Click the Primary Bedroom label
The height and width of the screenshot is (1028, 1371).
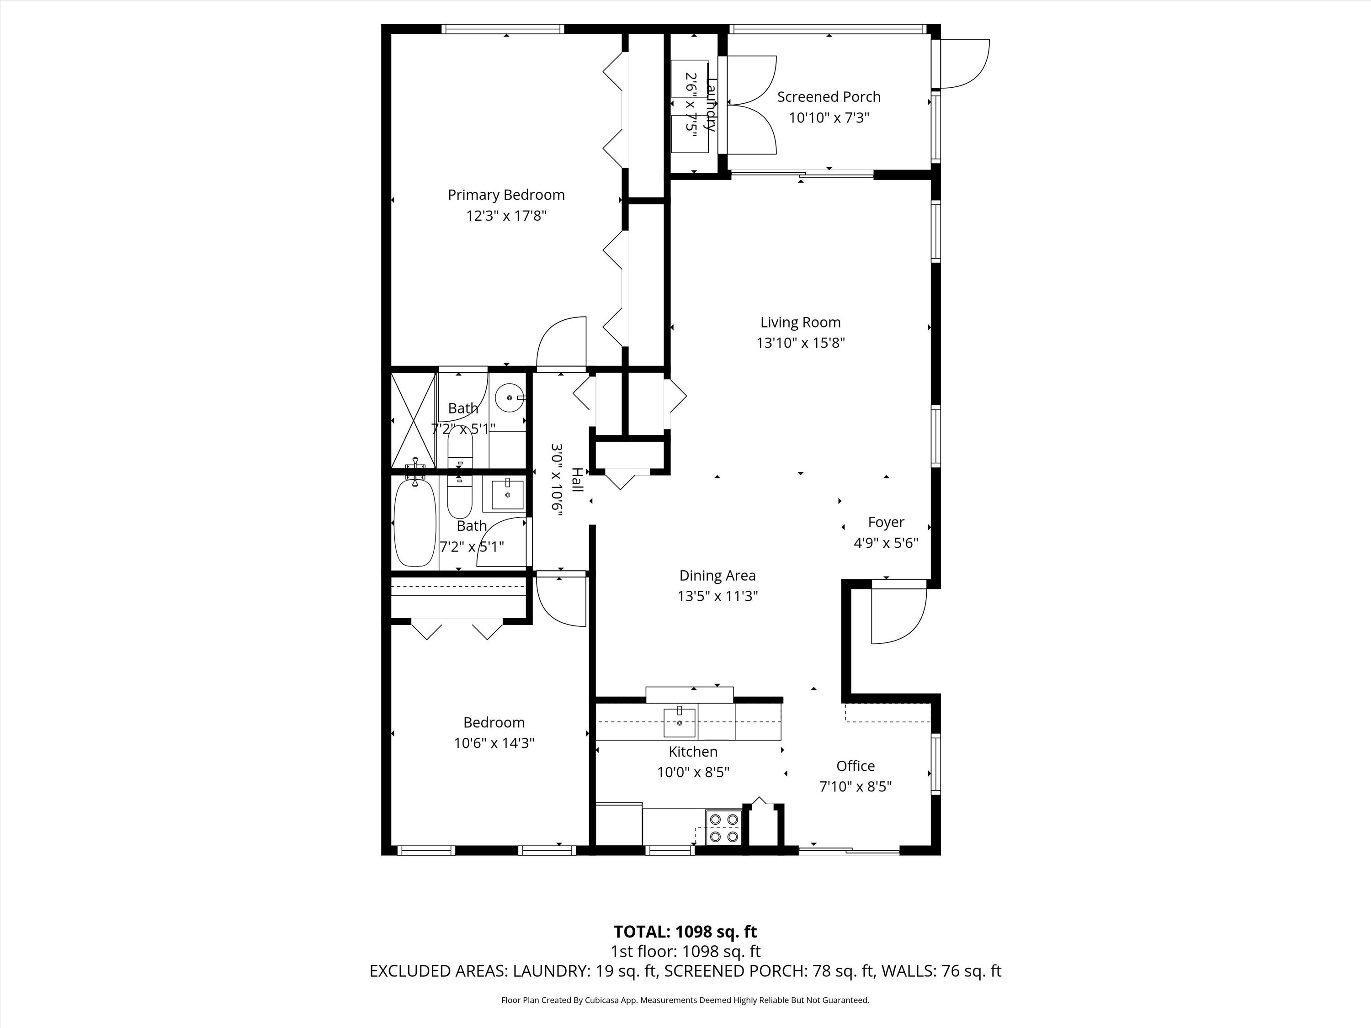click(x=506, y=195)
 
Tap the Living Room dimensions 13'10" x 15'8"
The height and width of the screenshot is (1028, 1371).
click(x=800, y=343)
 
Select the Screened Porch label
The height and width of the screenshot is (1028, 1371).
click(x=829, y=97)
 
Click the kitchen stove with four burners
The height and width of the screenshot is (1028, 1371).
click(x=724, y=827)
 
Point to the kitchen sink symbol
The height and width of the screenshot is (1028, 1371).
click(x=679, y=722)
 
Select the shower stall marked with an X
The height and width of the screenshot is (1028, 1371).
click(x=414, y=421)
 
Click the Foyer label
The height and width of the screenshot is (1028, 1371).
click(x=886, y=522)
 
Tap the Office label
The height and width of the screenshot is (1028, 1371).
click(x=856, y=766)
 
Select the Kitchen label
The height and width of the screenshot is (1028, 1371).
click(x=693, y=752)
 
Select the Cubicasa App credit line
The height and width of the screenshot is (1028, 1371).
click(x=685, y=1000)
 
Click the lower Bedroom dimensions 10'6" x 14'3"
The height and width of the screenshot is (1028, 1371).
click(x=494, y=743)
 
